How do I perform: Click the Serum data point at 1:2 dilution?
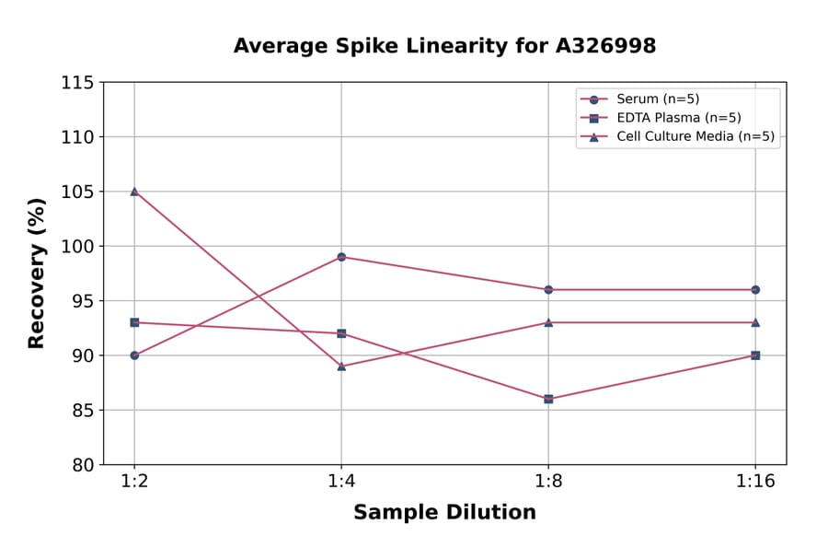tap(134, 355)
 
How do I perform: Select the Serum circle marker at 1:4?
tap(341, 257)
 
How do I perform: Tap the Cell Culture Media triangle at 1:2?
tap(134, 192)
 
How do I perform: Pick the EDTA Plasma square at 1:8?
tap(548, 399)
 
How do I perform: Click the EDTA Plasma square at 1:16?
tap(755, 355)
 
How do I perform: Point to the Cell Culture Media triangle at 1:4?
tap(341, 366)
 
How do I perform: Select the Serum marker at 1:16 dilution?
tap(755, 289)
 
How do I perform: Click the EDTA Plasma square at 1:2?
tap(134, 322)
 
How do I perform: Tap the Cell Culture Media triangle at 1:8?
tap(548, 322)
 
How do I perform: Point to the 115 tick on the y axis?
tap(77, 83)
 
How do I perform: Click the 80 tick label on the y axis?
tap(82, 465)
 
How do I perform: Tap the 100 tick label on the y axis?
tap(77, 247)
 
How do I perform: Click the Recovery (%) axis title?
tap(37, 273)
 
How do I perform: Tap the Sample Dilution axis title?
tap(444, 513)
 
